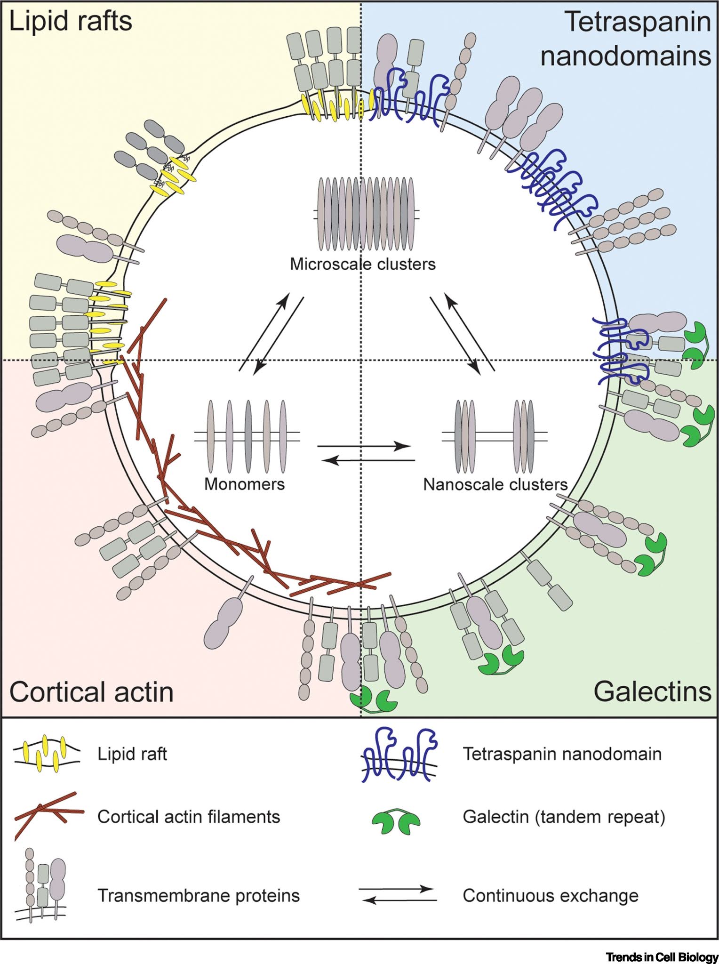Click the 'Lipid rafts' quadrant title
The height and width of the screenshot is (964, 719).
click(x=71, y=22)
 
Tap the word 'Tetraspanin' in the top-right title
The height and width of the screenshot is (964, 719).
click(x=638, y=22)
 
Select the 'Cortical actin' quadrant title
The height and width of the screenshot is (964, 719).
click(x=91, y=692)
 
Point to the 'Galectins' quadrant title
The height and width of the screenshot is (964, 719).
click(x=652, y=691)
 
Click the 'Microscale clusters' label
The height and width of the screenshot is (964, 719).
click(x=362, y=264)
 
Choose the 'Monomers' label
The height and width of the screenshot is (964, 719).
click(x=244, y=484)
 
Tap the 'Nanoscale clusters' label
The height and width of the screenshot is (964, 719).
click(x=495, y=484)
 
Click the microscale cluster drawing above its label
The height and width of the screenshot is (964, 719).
click(x=366, y=214)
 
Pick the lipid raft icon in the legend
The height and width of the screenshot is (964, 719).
click(x=46, y=754)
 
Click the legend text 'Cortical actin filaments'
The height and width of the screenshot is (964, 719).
click(x=188, y=817)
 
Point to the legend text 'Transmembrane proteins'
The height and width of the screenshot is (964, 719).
click(x=198, y=896)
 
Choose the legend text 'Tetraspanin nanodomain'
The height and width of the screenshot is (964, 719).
click(x=562, y=754)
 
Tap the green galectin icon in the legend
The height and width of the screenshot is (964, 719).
click(x=396, y=821)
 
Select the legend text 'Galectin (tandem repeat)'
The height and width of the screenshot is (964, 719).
click(x=564, y=817)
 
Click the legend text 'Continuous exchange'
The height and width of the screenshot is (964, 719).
click(x=551, y=896)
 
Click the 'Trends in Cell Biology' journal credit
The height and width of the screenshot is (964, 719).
click(x=662, y=957)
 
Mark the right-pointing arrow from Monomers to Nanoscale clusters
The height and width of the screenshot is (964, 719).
click(x=364, y=446)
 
